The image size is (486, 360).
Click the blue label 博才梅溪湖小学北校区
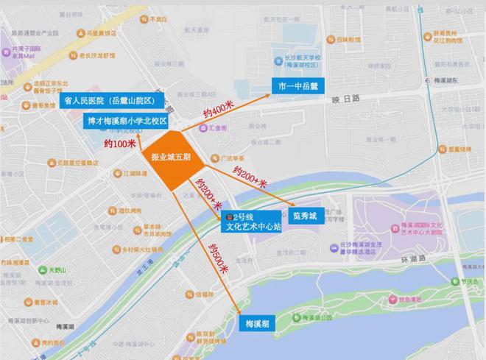coord(127,120)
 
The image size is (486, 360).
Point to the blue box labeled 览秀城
coord(303,217)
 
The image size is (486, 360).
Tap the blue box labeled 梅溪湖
coord(258,322)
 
